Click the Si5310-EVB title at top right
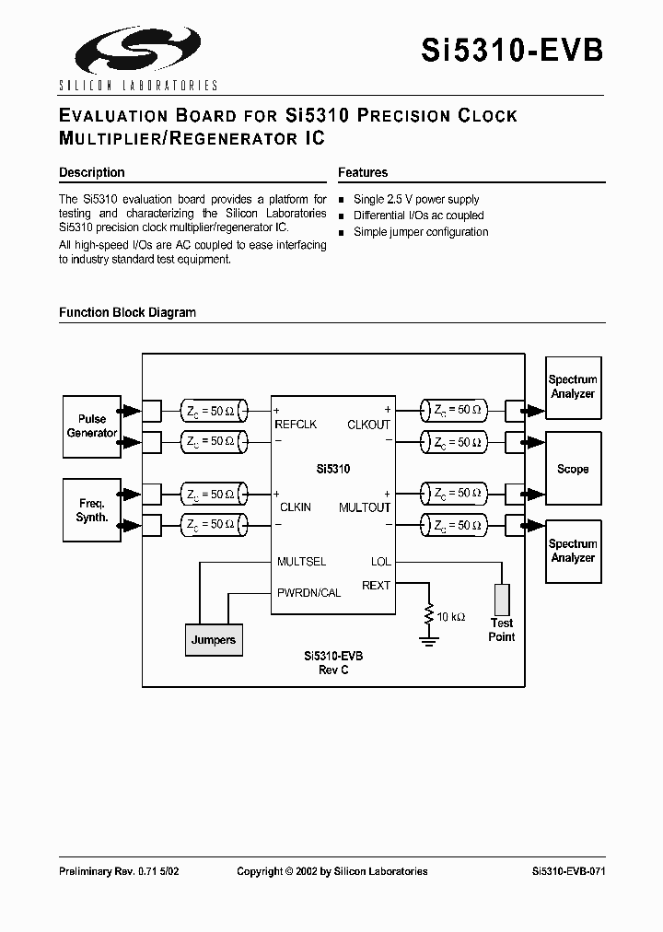513,50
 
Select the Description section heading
91,172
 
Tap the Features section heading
363,172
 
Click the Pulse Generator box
92,425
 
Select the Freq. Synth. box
92,510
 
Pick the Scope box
573,469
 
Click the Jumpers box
214,639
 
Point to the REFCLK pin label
296,425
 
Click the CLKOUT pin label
368,425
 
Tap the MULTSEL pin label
302,561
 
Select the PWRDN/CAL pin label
309,592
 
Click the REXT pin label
376,585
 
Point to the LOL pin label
380,561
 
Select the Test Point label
502,630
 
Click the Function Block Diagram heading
127,312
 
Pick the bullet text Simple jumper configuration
421,232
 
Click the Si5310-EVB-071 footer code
568,871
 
